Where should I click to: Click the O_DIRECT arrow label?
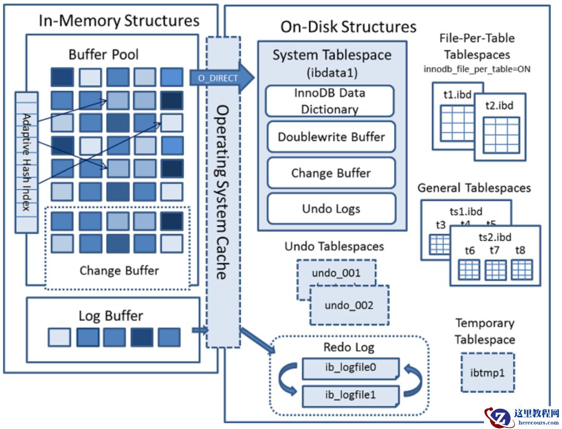click(218, 78)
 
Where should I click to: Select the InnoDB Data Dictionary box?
click(330, 101)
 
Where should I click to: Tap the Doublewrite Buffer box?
click(331, 137)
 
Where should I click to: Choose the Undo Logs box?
click(331, 208)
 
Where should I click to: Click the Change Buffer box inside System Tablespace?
click(331, 173)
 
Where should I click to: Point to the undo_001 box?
click(335, 274)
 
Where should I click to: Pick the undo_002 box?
click(349, 305)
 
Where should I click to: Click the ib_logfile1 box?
click(350, 396)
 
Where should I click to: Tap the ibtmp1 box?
click(487, 373)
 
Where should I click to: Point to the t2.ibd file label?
click(498, 105)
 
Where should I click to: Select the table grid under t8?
click(521, 270)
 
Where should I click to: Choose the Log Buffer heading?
click(111, 316)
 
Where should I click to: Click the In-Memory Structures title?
click(119, 21)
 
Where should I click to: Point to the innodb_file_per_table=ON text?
click(477, 68)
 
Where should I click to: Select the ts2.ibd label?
click(495, 237)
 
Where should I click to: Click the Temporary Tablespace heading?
click(485, 331)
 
